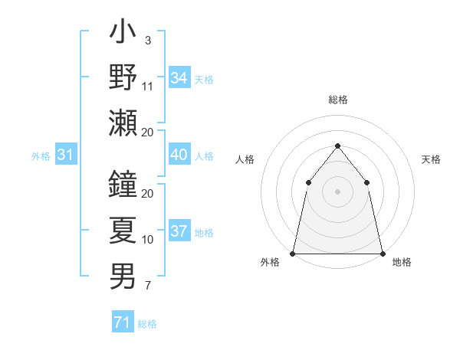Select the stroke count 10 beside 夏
click(x=148, y=240)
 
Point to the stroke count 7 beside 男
click(x=148, y=286)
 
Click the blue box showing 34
click(x=179, y=78)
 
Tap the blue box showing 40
click(x=179, y=155)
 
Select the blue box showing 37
click(x=179, y=231)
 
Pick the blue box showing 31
click(x=66, y=155)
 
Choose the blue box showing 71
click(x=122, y=322)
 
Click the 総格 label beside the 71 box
click(x=147, y=324)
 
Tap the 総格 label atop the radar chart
click(x=337, y=100)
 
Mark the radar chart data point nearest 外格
click(x=293, y=253)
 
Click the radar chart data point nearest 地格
click(x=382, y=253)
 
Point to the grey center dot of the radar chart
click(x=337, y=191)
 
